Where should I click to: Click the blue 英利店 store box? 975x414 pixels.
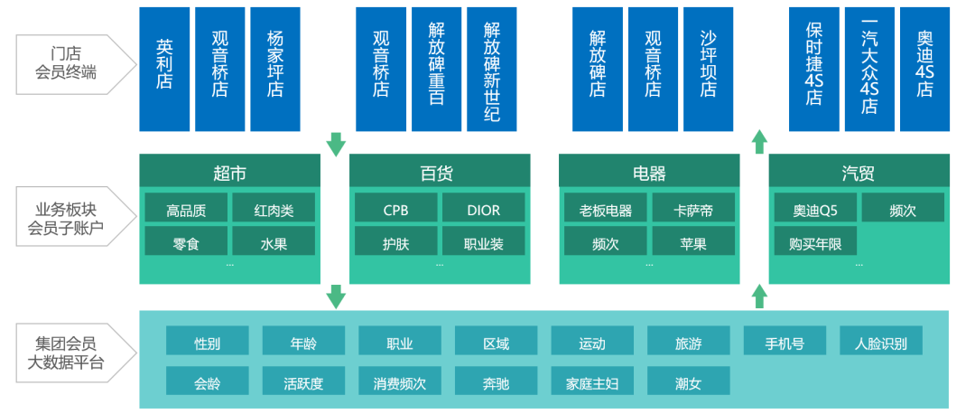164,69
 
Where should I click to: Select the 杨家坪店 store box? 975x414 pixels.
275,69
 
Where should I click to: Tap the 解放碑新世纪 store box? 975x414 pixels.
492,69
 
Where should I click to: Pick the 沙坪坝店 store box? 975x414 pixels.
709,69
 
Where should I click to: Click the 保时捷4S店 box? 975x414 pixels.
814,69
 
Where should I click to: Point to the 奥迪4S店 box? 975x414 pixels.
924,69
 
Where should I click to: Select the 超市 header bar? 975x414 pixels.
229,171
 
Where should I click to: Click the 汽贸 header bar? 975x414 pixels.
859,171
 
